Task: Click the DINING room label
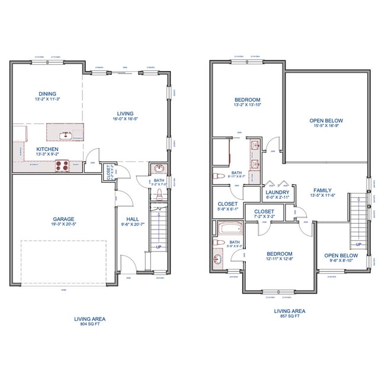click(x=48, y=94)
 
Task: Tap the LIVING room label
click(x=125, y=114)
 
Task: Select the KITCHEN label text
click(x=47, y=149)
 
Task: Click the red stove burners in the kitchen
click(x=62, y=165)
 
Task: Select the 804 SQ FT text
click(x=90, y=324)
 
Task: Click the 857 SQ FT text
click(x=290, y=316)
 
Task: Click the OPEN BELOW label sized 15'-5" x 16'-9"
click(x=326, y=121)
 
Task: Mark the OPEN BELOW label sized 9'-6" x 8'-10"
click(x=340, y=256)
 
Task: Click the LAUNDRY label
click(x=278, y=192)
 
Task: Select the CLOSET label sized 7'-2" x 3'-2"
click(x=264, y=211)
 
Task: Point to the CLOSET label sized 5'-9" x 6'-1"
click(x=228, y=204)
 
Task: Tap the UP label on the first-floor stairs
click(x=158, y=247)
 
